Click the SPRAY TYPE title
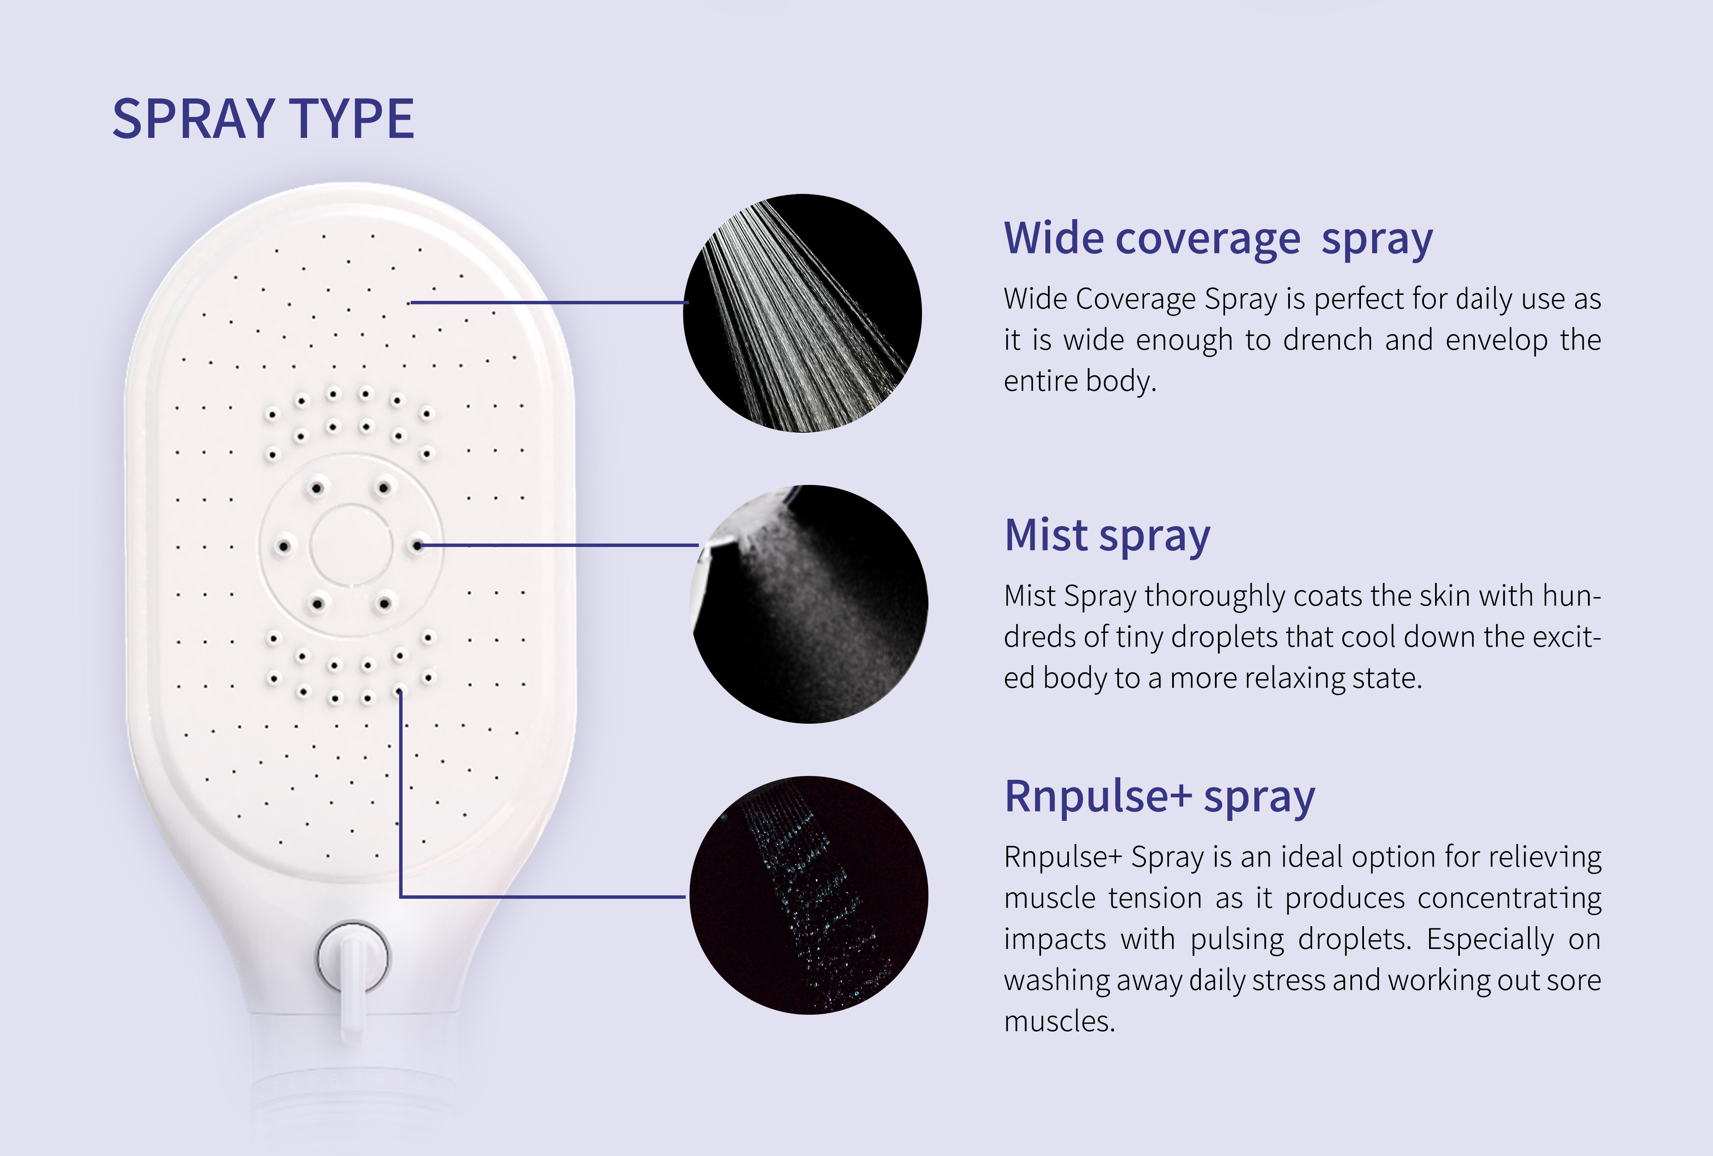coord(263,119)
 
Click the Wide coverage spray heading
coord(1218,239)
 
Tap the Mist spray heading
coord(1107,536)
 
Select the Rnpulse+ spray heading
coord(1159,797)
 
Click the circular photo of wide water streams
coord(802,313)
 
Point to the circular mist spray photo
coord(809,604)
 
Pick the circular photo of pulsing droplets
coord(809,895)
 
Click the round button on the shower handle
coord(354,958)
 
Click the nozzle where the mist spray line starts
coord(418,545)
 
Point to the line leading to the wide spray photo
coord(549,302)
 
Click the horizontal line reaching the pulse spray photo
coord(543,897)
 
